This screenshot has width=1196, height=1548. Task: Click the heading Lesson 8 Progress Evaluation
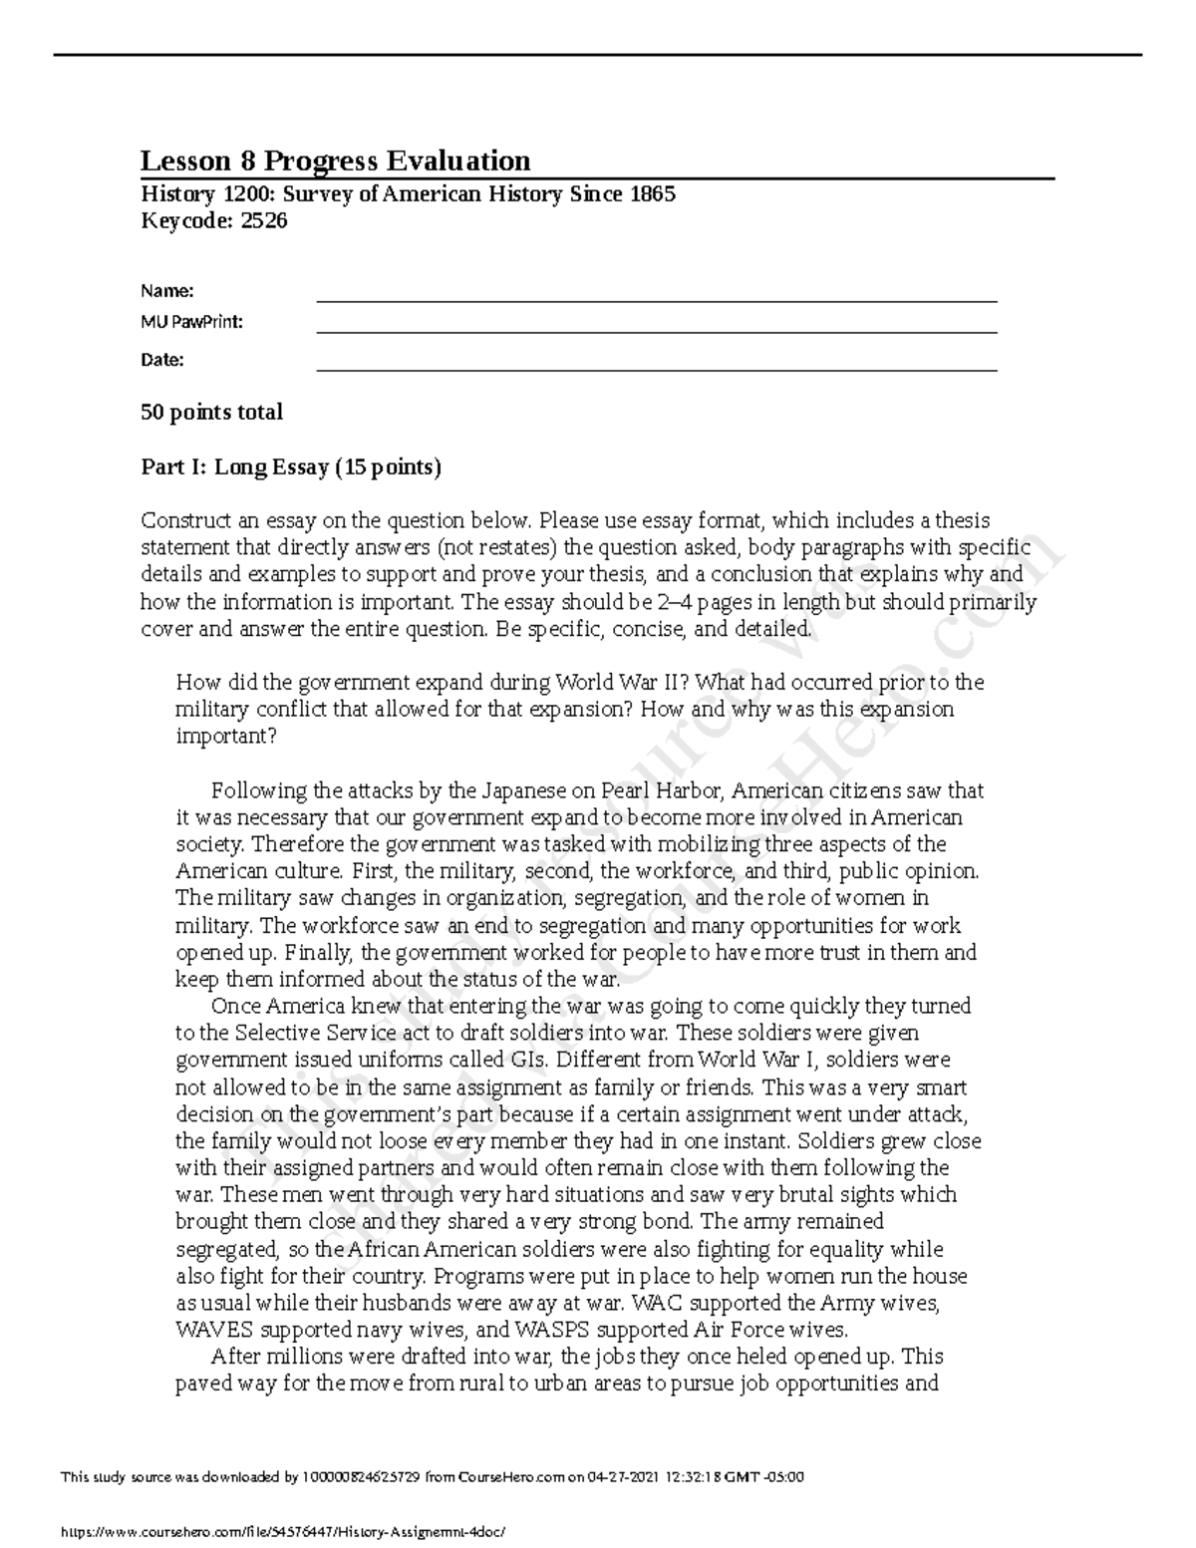[335, 160]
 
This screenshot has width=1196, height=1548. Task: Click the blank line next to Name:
[656, 293]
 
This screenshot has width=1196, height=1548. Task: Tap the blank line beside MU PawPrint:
[656, 326]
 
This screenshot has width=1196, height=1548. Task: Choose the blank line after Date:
[656, 363]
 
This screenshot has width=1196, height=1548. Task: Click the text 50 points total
[211, 413]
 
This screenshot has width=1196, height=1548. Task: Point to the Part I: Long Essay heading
[291, 466]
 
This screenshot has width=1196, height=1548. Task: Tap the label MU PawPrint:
[191, 323]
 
